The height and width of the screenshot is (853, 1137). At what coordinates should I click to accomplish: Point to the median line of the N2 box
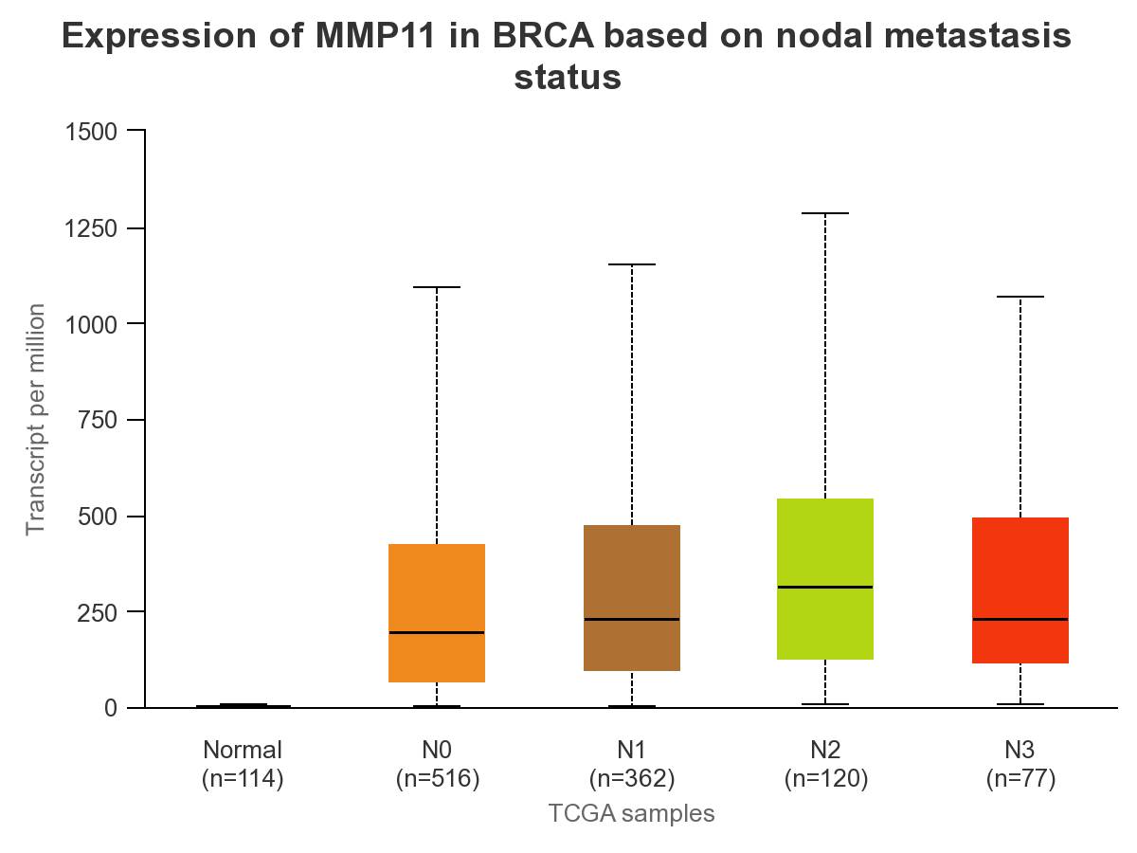[825, 587]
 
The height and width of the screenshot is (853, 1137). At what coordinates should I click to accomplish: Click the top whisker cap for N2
[825, 214]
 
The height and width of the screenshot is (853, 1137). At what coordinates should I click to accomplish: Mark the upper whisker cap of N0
[437, 287]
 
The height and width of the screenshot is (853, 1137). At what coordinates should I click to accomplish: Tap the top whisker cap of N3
[1020, 298]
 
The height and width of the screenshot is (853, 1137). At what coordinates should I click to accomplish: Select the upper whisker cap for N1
[631, 264]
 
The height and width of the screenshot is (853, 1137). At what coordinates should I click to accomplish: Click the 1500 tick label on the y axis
[91, 131]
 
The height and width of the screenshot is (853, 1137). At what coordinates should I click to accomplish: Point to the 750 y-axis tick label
[98, 420]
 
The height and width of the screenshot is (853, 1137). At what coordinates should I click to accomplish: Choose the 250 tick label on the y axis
[98, 612]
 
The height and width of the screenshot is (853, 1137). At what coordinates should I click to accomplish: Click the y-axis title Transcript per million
[36, 419]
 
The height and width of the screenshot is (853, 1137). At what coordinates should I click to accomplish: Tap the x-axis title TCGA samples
[631, 813]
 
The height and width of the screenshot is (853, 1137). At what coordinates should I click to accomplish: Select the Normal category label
[243, 750]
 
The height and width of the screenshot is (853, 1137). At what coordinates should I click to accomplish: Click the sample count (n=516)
[437, 779]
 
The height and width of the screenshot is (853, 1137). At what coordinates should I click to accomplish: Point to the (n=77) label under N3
[1020, 779]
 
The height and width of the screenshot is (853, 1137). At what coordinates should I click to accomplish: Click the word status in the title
[568, 77]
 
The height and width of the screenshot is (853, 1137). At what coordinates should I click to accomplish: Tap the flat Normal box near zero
[243, 705]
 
